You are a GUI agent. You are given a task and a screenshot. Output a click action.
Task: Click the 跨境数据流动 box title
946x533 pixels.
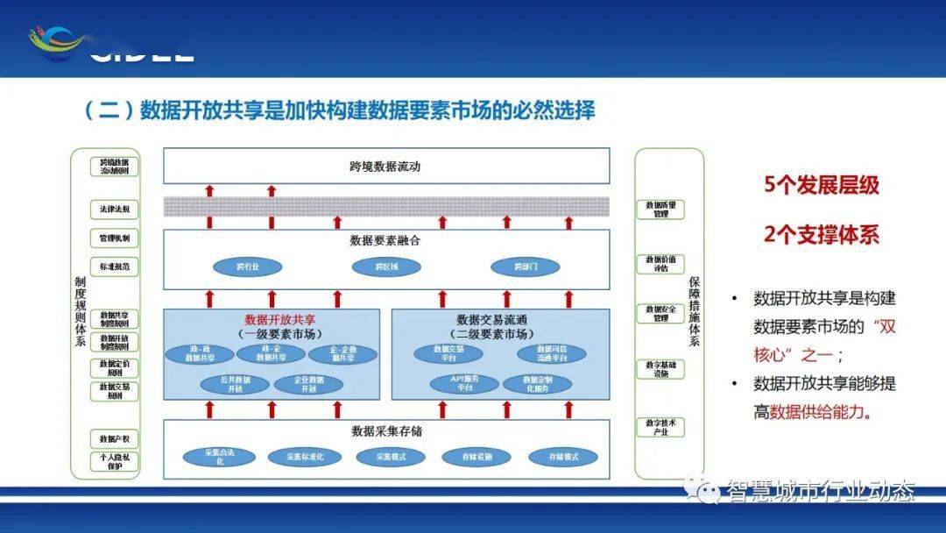[x=385, y=166]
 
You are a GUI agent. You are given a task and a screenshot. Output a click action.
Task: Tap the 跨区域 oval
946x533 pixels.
[x=386, y=266]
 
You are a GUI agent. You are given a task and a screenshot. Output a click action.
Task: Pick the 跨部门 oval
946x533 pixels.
[x=525, y=266]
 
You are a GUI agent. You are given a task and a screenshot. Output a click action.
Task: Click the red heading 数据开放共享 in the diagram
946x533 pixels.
[x=279, y=320]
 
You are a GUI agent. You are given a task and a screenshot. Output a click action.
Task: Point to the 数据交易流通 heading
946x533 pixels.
[x=492, y=320]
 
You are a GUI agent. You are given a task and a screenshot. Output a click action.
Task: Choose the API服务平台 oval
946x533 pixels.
[x=464, y=383]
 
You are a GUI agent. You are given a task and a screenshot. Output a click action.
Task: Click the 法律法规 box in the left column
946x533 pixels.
[x=115, y=210]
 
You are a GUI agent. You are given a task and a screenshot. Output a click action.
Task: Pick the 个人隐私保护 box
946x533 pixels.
[x=115, y=461]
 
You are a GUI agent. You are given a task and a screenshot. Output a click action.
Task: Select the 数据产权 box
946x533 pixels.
[x=115, y=437]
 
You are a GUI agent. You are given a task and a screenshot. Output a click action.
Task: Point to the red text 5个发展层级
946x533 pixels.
[x=821, y=186]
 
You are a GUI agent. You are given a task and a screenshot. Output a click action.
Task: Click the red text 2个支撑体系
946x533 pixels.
[x=821, y=235]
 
